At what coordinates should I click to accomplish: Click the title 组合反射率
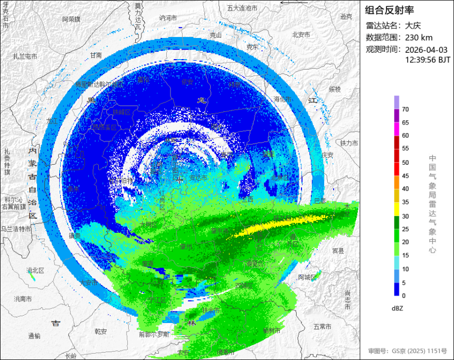(390, 10)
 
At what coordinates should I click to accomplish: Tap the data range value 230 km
(419, 37)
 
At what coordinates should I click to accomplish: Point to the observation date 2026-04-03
(426, 50)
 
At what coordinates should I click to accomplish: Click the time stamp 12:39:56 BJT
(428, 60)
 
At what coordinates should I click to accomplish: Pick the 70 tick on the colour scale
(405, 109)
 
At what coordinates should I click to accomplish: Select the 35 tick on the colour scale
(405, 202)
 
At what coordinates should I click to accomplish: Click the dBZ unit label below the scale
(398, 308)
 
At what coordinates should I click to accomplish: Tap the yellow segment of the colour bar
(396, 209)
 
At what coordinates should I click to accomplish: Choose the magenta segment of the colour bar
(396, 129)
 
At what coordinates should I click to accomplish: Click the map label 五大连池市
(242, 8)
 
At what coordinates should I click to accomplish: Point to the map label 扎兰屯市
(25, 56)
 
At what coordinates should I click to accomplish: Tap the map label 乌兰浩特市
(16, 229)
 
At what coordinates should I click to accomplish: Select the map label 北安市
(301, 35)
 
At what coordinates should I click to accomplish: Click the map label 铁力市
(349, 143)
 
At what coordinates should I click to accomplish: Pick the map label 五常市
(322, 327)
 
